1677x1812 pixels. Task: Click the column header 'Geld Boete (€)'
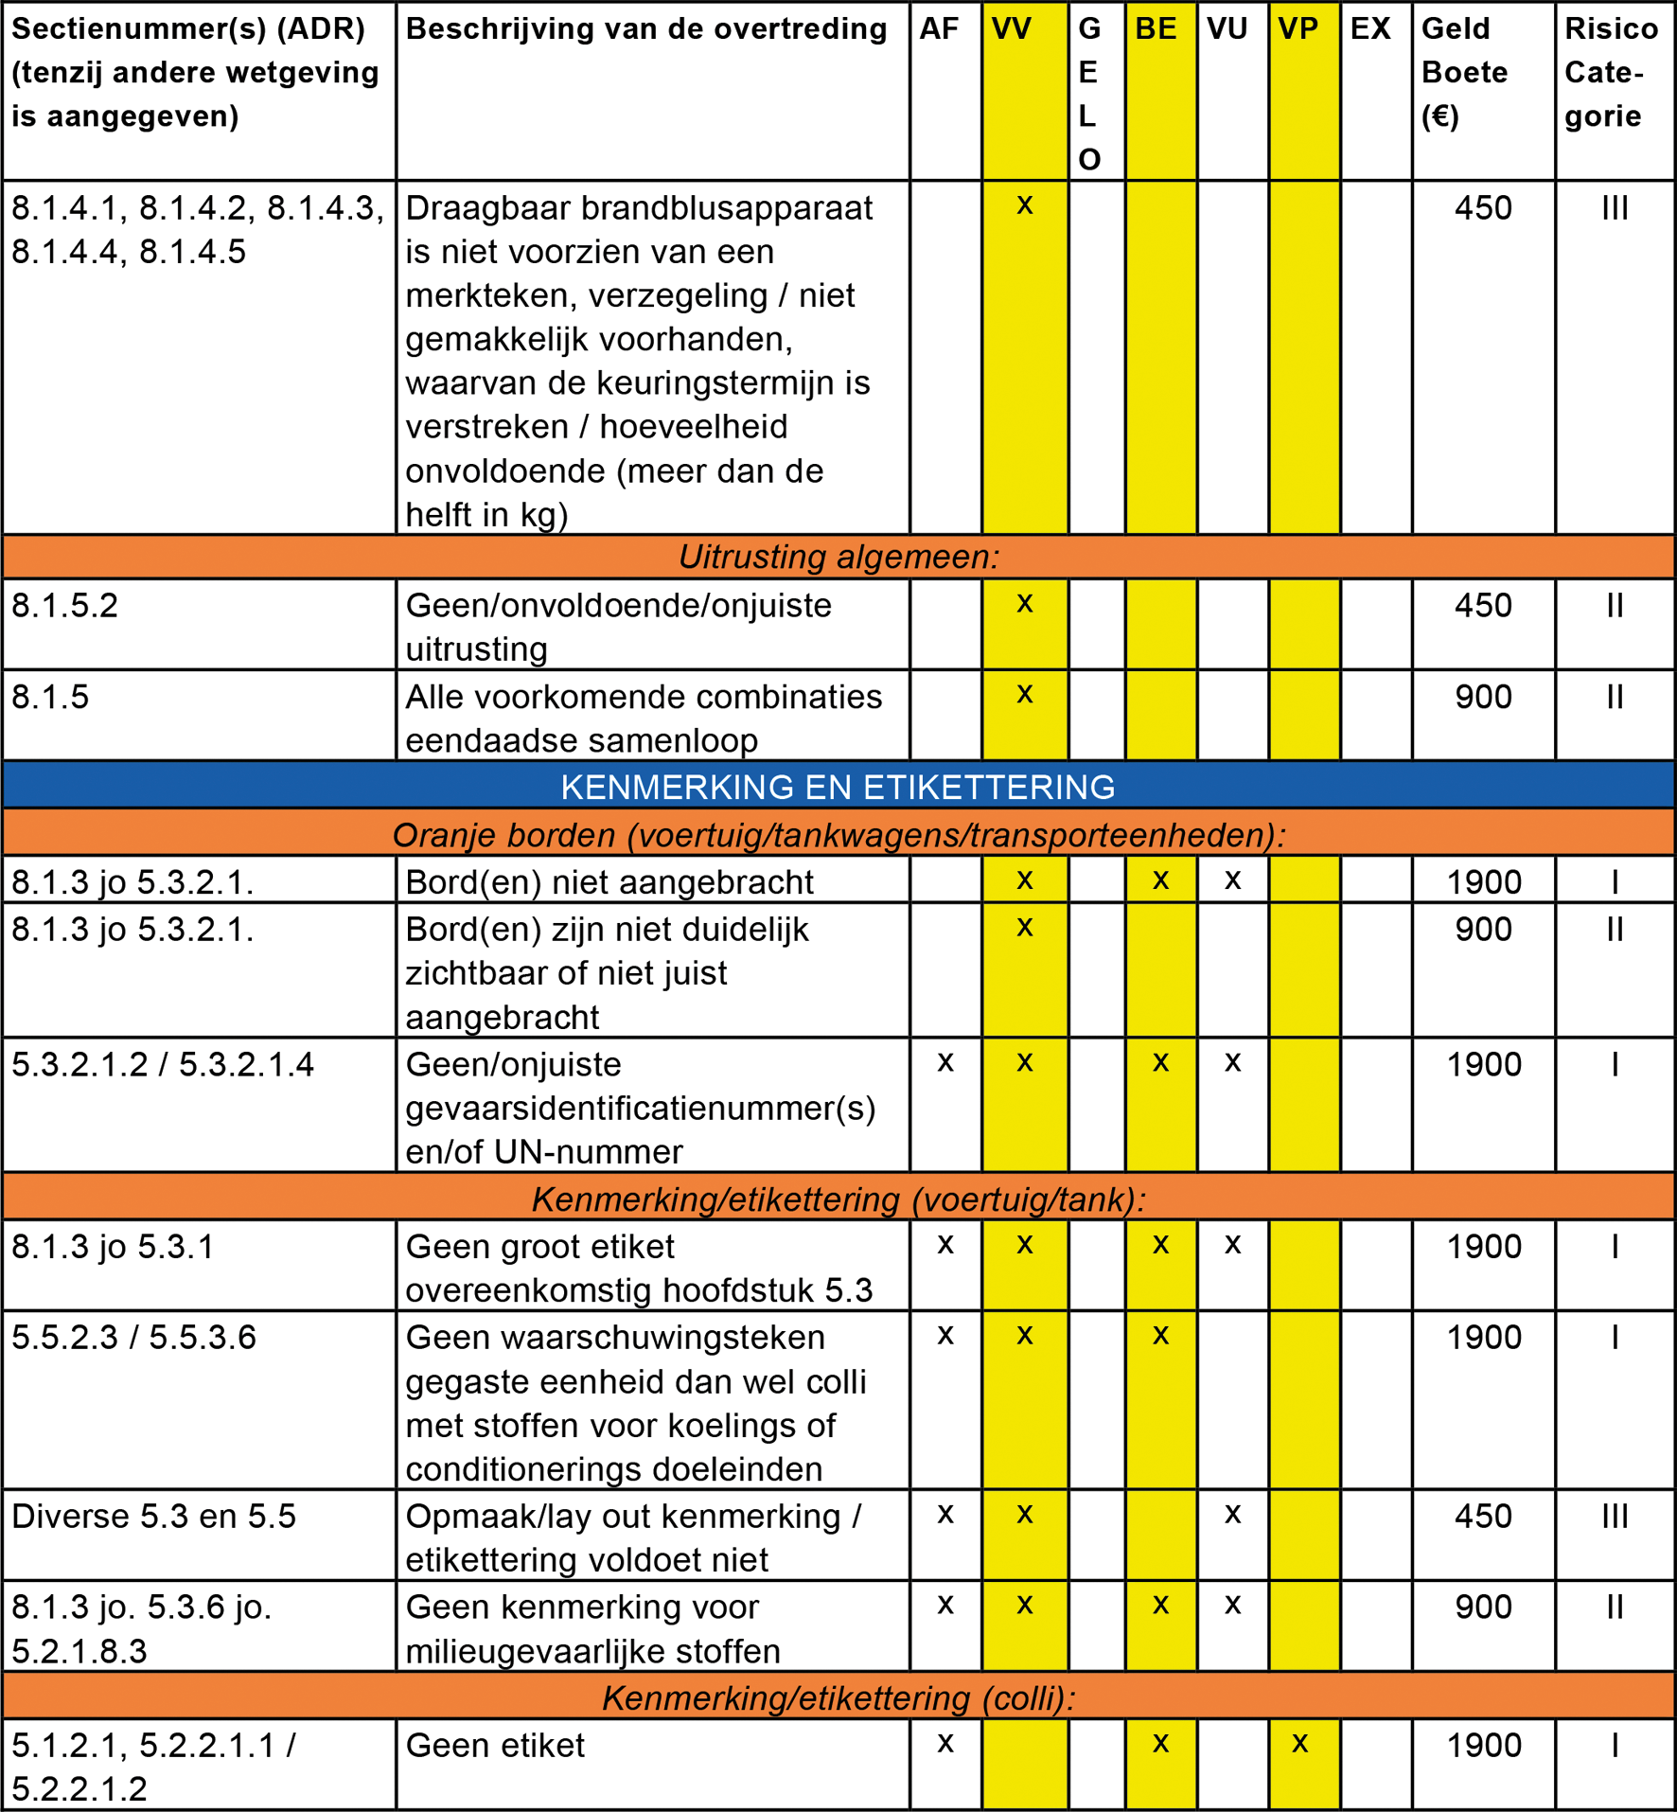click(1464, 73)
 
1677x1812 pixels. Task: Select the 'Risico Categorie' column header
click(1611, 73)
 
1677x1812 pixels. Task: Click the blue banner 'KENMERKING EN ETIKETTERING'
click(838, 787)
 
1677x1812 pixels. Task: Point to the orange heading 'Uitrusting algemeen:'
click(838, 557)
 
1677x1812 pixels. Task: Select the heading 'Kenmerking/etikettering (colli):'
click(838, 1698)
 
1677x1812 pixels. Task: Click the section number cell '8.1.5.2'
click(65, 606)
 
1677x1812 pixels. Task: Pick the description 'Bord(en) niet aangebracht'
click(609, 882)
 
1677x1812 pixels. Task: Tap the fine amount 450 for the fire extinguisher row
click(1483, 208)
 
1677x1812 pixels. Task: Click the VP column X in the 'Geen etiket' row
click(1300, 1744)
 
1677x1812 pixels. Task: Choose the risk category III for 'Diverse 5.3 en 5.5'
click(1615, 1517)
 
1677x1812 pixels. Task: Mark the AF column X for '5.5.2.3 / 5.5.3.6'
click(944, 1336)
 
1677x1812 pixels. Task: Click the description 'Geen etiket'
click(495, 1746)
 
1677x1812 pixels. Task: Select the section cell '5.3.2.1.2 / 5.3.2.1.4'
click(163, 1065)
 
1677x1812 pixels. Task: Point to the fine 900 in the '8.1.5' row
click(1483, 698)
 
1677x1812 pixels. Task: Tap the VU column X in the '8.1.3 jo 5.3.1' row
click(1232, 1245)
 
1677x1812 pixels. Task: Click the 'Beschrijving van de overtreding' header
click(646, 29)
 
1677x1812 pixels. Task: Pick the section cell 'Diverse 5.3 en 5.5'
click(154, 1517)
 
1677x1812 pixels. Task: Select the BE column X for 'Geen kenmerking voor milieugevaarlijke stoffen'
click(1160, 1606)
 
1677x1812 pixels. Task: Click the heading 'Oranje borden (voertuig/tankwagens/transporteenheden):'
click(838, 835)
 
